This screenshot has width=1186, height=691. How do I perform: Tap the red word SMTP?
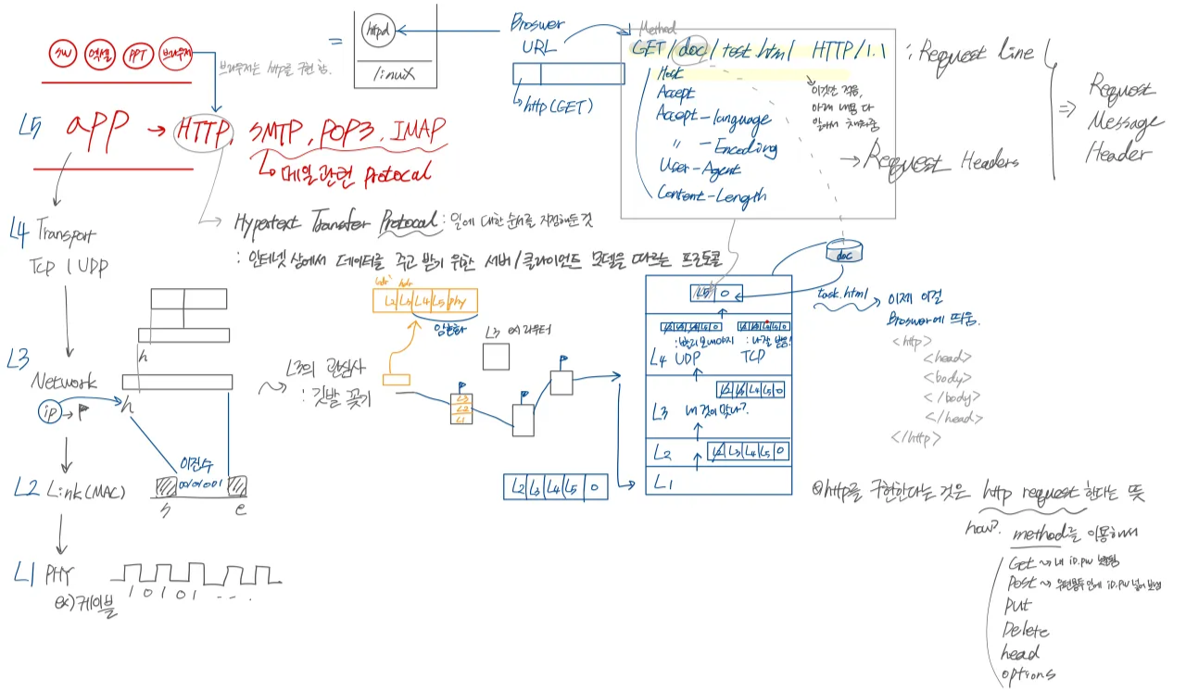pyautogui.click(x=277, y=133)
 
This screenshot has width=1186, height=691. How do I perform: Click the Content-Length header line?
pyautogui.click(x=712, y=195)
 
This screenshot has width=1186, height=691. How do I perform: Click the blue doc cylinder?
pyautogui.click(x=843, y=251)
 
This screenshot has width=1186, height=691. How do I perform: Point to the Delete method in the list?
pyautogui.click(x=1026, y=630)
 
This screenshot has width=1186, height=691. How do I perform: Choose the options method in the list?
pyautogui.click(x=1028, y=674)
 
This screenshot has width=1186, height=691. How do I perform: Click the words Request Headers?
pyautogui.click(x=941, y=161)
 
